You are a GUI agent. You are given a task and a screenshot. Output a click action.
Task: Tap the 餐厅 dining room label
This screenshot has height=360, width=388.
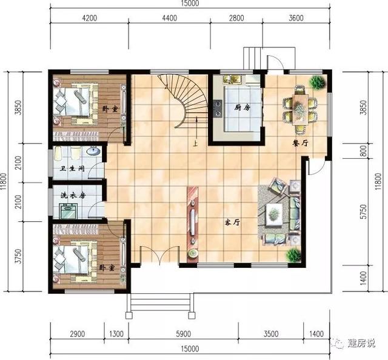pos(300,144)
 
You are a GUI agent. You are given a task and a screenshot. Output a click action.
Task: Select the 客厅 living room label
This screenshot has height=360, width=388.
pos(233,222)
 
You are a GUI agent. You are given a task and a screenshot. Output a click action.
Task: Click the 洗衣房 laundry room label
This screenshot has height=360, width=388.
pos(72,195)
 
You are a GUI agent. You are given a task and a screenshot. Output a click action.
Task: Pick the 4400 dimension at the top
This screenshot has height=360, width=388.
pos(170,18)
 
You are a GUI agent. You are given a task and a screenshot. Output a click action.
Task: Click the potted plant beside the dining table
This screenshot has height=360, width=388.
pos(316,82)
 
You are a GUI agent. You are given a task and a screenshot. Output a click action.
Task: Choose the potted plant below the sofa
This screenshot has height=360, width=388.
pos(294,255)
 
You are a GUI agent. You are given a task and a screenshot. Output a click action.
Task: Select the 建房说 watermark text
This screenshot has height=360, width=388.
pos(361,344)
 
